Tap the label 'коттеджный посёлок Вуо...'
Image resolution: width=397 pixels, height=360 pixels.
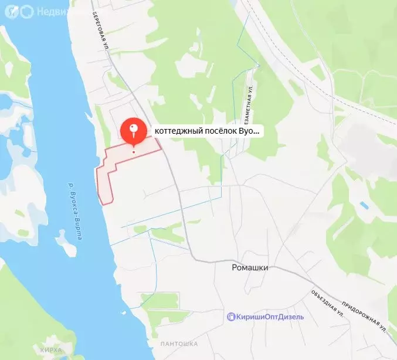(x=206, y=131)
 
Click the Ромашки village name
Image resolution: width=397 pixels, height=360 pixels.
(x=249, y=267)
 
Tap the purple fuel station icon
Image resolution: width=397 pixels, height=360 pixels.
(x=232, y=317)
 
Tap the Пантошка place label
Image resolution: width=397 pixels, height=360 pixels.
(x=179, y=343)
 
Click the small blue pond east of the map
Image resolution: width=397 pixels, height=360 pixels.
(x=364, y=205)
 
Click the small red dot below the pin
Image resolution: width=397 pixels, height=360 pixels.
(x=134, y=152)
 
